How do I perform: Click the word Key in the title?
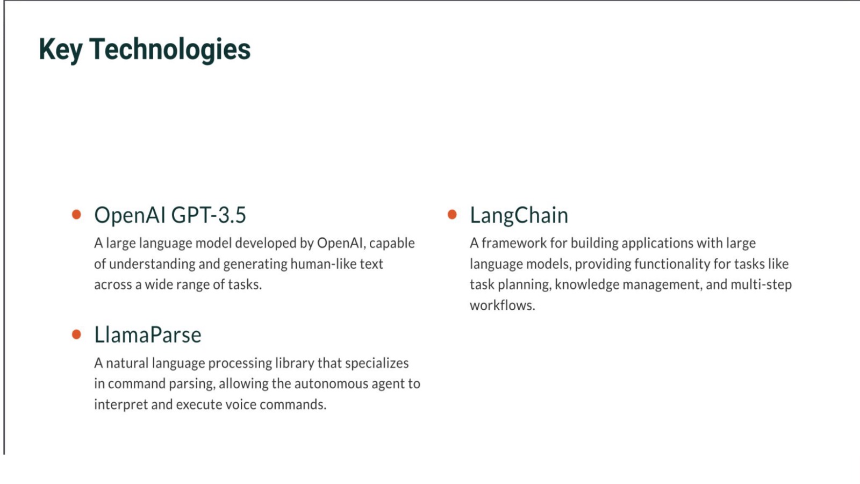click(61, 49)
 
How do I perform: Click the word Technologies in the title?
click(170, 49)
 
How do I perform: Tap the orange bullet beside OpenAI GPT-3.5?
click(76, 215)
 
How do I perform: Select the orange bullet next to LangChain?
click(452, 215)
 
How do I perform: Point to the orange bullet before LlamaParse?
click(76, 334)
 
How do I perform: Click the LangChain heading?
click(519, 215)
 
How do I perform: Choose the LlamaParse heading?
click(148, 334)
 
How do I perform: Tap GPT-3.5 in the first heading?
click(209, 215)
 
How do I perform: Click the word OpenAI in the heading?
click(130, 215)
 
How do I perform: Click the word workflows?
click(502, 305)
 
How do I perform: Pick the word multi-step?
click(761, 284)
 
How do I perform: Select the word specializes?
click(377, 364)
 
